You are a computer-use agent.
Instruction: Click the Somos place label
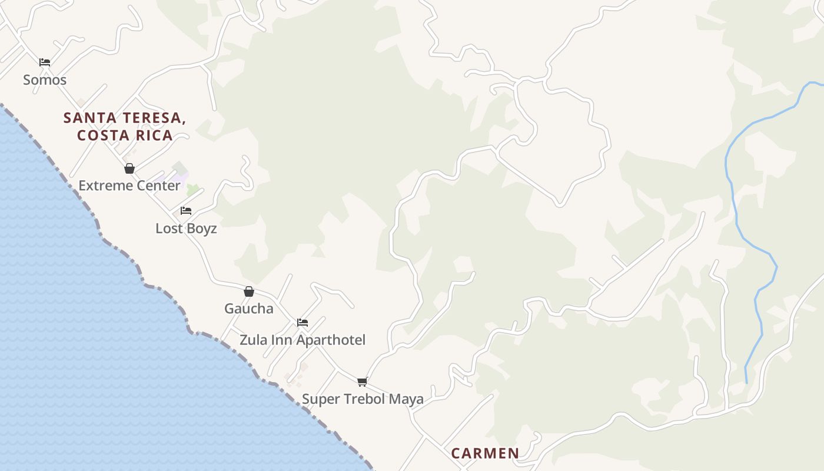(45, 79)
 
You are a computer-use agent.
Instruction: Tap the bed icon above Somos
(45, 62)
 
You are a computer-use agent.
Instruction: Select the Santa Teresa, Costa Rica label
(125, 127)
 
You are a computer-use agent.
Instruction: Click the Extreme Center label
(129, 185)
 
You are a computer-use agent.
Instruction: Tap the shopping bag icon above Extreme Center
(129, 169)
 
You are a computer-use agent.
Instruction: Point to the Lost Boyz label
(186, 228)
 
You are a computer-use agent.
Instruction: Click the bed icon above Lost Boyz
(186, 211)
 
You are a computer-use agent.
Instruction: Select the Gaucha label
(249, 309)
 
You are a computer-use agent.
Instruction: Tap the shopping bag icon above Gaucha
(249, 291)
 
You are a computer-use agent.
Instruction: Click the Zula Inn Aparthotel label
(303, 340)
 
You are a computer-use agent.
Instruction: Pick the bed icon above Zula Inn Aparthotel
(303, 323)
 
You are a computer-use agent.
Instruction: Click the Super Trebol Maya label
(363, 399)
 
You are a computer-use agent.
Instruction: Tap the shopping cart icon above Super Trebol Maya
(363, 382)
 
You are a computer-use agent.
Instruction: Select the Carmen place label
(485, 453)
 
